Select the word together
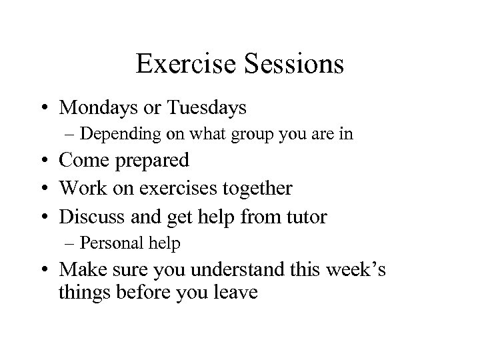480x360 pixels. [255, 188]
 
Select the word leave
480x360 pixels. [234, 292]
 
